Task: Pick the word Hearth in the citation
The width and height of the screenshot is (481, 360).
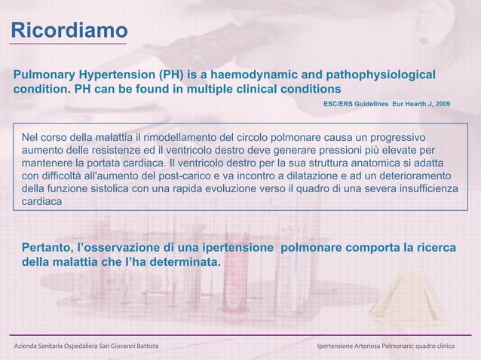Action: point(411,102)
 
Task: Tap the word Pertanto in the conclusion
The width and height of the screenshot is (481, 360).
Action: point(47,248)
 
